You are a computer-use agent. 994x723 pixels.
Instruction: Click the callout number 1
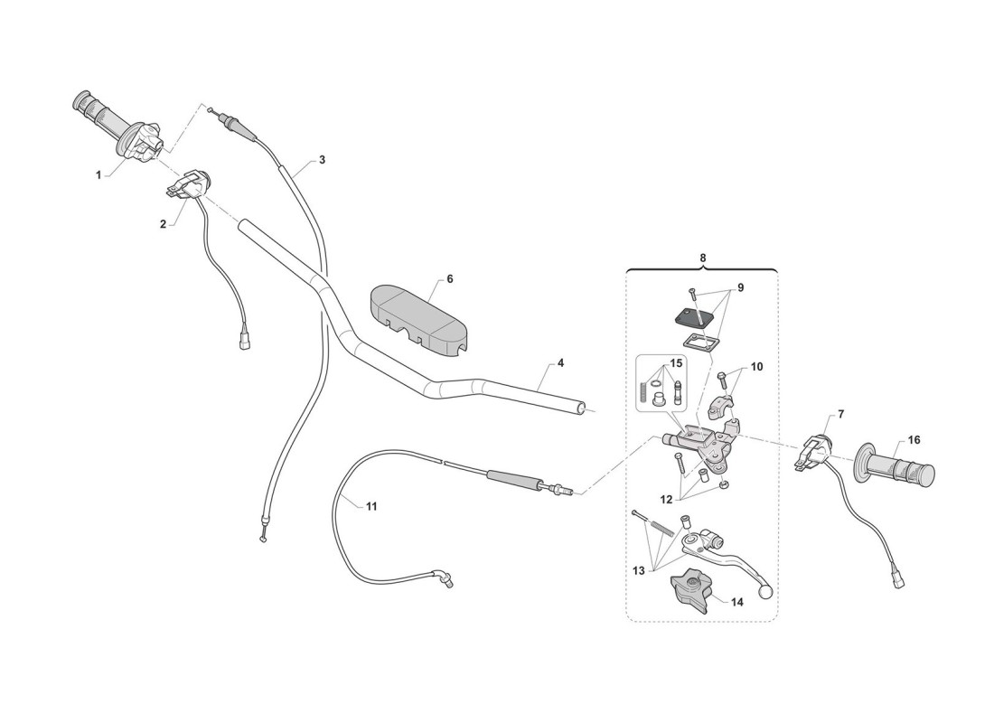click(98, 174)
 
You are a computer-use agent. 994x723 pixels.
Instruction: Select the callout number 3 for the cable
click(322, 160)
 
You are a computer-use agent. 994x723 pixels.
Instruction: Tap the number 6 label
click(449, 279)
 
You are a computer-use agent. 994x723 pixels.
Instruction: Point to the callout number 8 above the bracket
click(702, 258)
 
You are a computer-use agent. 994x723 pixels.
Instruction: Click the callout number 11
click(371, 506)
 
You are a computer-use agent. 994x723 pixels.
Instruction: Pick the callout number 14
click(736, 602)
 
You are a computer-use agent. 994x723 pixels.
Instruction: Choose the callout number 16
click(914, 439)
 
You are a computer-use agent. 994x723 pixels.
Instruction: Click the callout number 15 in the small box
click(676, 363)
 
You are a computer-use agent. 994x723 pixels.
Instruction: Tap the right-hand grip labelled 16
click(896, 470)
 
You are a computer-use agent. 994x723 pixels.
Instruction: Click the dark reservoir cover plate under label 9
click(696, 316)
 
